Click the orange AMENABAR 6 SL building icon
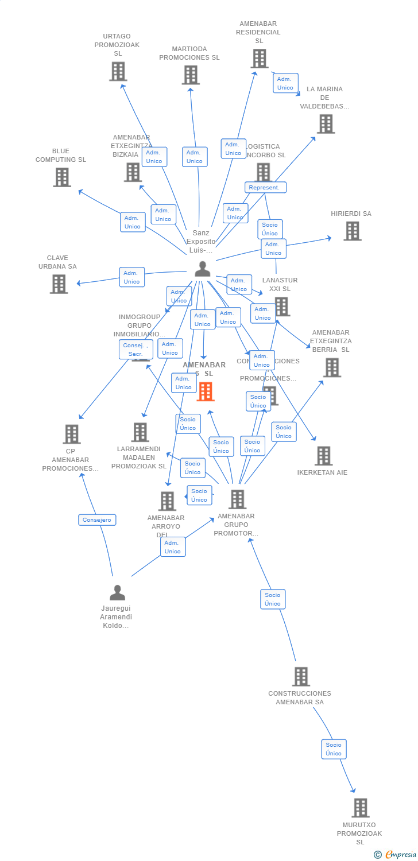click(206, 391)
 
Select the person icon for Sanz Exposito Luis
click(202, 269)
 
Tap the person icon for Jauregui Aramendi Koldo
click(117, 592)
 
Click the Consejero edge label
click(97, 520)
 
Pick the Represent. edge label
click(265, 187)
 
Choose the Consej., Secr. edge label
click(136, 350)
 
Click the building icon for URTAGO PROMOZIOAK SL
click(118, 72)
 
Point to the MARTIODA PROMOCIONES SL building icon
click(191, 75)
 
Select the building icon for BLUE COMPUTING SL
click(62, 177)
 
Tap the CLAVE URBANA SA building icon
click(59, 284)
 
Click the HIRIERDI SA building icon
click(352, 231)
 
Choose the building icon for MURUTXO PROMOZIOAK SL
click(360, 808)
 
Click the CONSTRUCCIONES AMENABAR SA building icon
click(301, 677)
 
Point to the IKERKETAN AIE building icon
click(323, 456)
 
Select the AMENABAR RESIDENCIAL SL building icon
click(259, 59)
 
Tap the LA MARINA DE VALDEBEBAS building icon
click(326, 124)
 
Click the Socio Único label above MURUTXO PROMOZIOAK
click(334, 749)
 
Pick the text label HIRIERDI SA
click(351, 214)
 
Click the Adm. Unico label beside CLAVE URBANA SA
click(131, 277)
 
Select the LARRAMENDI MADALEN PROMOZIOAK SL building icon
click(140, 432)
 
